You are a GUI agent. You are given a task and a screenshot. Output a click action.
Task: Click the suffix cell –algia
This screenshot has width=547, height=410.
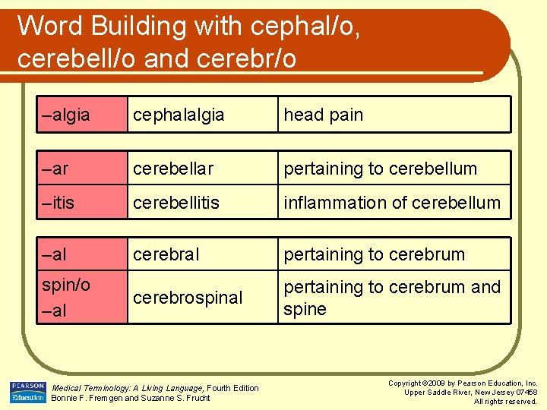(66, 115)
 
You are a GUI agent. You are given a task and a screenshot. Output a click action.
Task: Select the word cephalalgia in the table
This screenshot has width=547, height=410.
(179, 115)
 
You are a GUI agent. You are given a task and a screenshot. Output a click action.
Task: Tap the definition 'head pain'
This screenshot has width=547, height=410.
(324, 115)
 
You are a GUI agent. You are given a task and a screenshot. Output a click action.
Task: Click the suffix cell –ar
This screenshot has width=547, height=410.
(58, 169)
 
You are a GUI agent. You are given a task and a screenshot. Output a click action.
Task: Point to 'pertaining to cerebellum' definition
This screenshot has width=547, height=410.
(380, 169)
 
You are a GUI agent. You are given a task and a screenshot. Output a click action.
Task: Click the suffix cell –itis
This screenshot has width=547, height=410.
(62, 203)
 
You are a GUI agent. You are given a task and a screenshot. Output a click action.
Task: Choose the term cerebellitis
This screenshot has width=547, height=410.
(175, 203)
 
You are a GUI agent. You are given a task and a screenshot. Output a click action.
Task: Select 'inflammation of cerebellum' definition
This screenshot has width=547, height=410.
(392, 203)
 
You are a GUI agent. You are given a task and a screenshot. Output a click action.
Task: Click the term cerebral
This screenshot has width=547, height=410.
(166, 254)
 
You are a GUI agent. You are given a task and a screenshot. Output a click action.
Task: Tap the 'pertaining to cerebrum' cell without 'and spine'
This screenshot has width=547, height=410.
(374, 254)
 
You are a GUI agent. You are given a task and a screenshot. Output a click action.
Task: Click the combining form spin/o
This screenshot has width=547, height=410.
(66, 285)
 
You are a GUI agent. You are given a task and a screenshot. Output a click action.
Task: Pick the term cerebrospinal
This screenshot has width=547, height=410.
(188, 298)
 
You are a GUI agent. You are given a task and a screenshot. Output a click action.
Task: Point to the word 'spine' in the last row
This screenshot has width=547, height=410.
(305, 310)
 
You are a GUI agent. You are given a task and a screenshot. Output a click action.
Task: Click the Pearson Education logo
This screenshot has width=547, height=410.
(27, 392)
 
